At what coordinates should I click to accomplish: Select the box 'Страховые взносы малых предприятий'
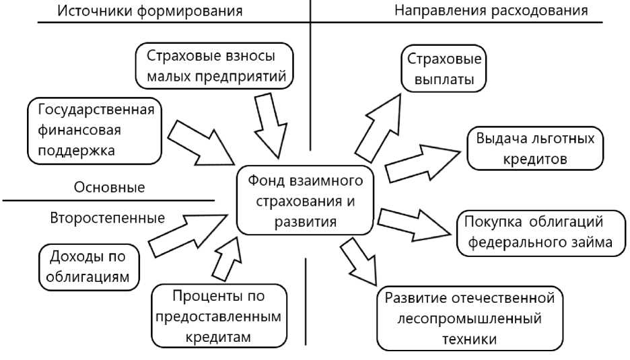click(216, 66)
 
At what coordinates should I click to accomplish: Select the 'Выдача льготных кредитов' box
click(535, 149)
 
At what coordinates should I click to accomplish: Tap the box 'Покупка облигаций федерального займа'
click(540, 233)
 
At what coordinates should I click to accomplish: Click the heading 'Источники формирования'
click(149, 11)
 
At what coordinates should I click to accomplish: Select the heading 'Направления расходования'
click(491, 11)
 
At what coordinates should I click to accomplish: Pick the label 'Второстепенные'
click(108, 218)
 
